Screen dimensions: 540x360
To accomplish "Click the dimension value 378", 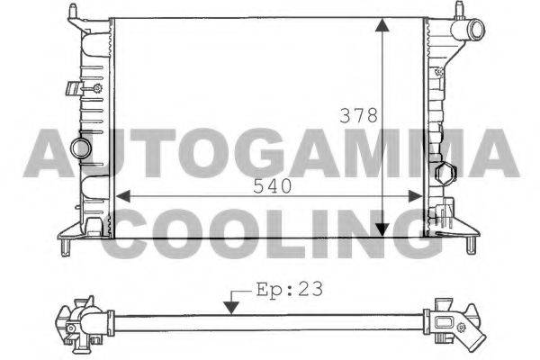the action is (358, 115).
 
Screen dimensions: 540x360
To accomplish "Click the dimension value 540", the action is (272, 186).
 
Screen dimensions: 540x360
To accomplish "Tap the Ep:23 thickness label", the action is (290, 290).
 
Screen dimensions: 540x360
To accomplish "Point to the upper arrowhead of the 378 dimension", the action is (382, 25).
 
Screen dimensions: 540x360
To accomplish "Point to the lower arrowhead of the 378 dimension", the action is (382, 229).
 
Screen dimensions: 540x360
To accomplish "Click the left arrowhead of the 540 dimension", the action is (123, 196).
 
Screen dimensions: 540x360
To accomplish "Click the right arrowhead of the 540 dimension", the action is (415, 196).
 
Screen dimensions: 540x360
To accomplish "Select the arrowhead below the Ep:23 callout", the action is (231, 308).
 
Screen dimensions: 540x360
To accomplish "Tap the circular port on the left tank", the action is (81, 148).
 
